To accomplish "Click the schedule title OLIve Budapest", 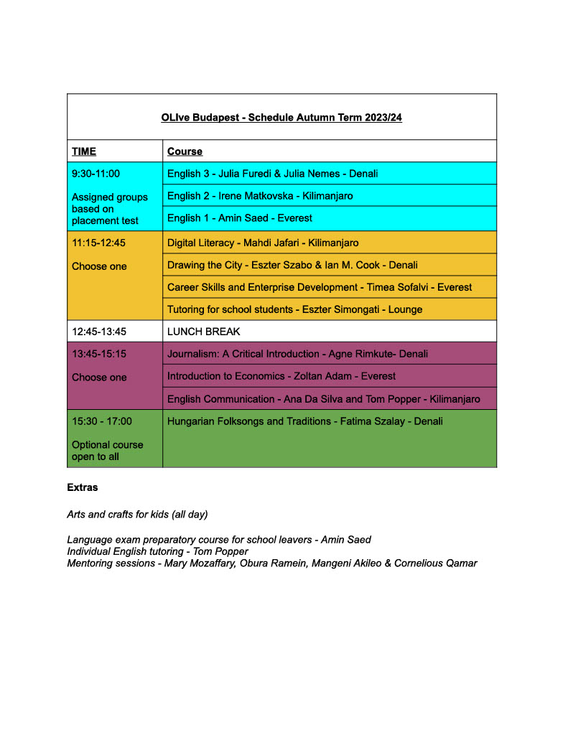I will coord(281,118).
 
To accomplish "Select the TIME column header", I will coord(84,151).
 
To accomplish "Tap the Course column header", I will coord(185,151).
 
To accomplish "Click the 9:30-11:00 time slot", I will coord(96,173).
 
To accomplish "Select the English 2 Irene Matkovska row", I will coord(260,195).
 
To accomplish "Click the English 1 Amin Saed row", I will coord(240,217).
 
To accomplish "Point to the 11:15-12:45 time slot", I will coord(98,243).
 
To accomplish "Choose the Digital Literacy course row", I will coord(263,243).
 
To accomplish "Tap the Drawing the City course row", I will coord(292,265).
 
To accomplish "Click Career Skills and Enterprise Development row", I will coord(320,287).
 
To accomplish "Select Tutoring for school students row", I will coord(294,309).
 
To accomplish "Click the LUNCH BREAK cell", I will coord(204,332).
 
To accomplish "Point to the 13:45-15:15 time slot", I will coord(99,354).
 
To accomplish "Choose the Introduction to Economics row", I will coord(281,376).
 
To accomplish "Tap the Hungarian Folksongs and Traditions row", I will coord(305,421).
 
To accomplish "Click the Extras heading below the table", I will coord(83,487).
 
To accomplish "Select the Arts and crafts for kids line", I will coord(137,514).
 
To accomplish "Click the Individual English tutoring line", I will coord(167,551).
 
